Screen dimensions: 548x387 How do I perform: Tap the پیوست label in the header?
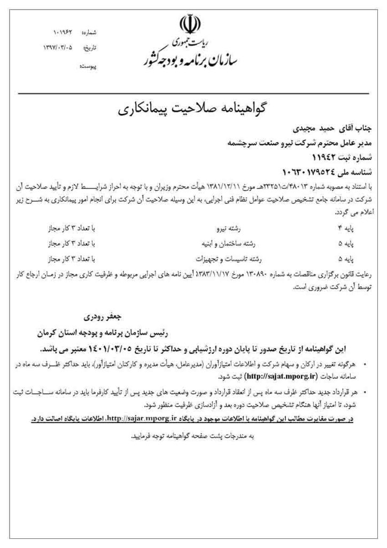pyautogui.click(x=88, y=68)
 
